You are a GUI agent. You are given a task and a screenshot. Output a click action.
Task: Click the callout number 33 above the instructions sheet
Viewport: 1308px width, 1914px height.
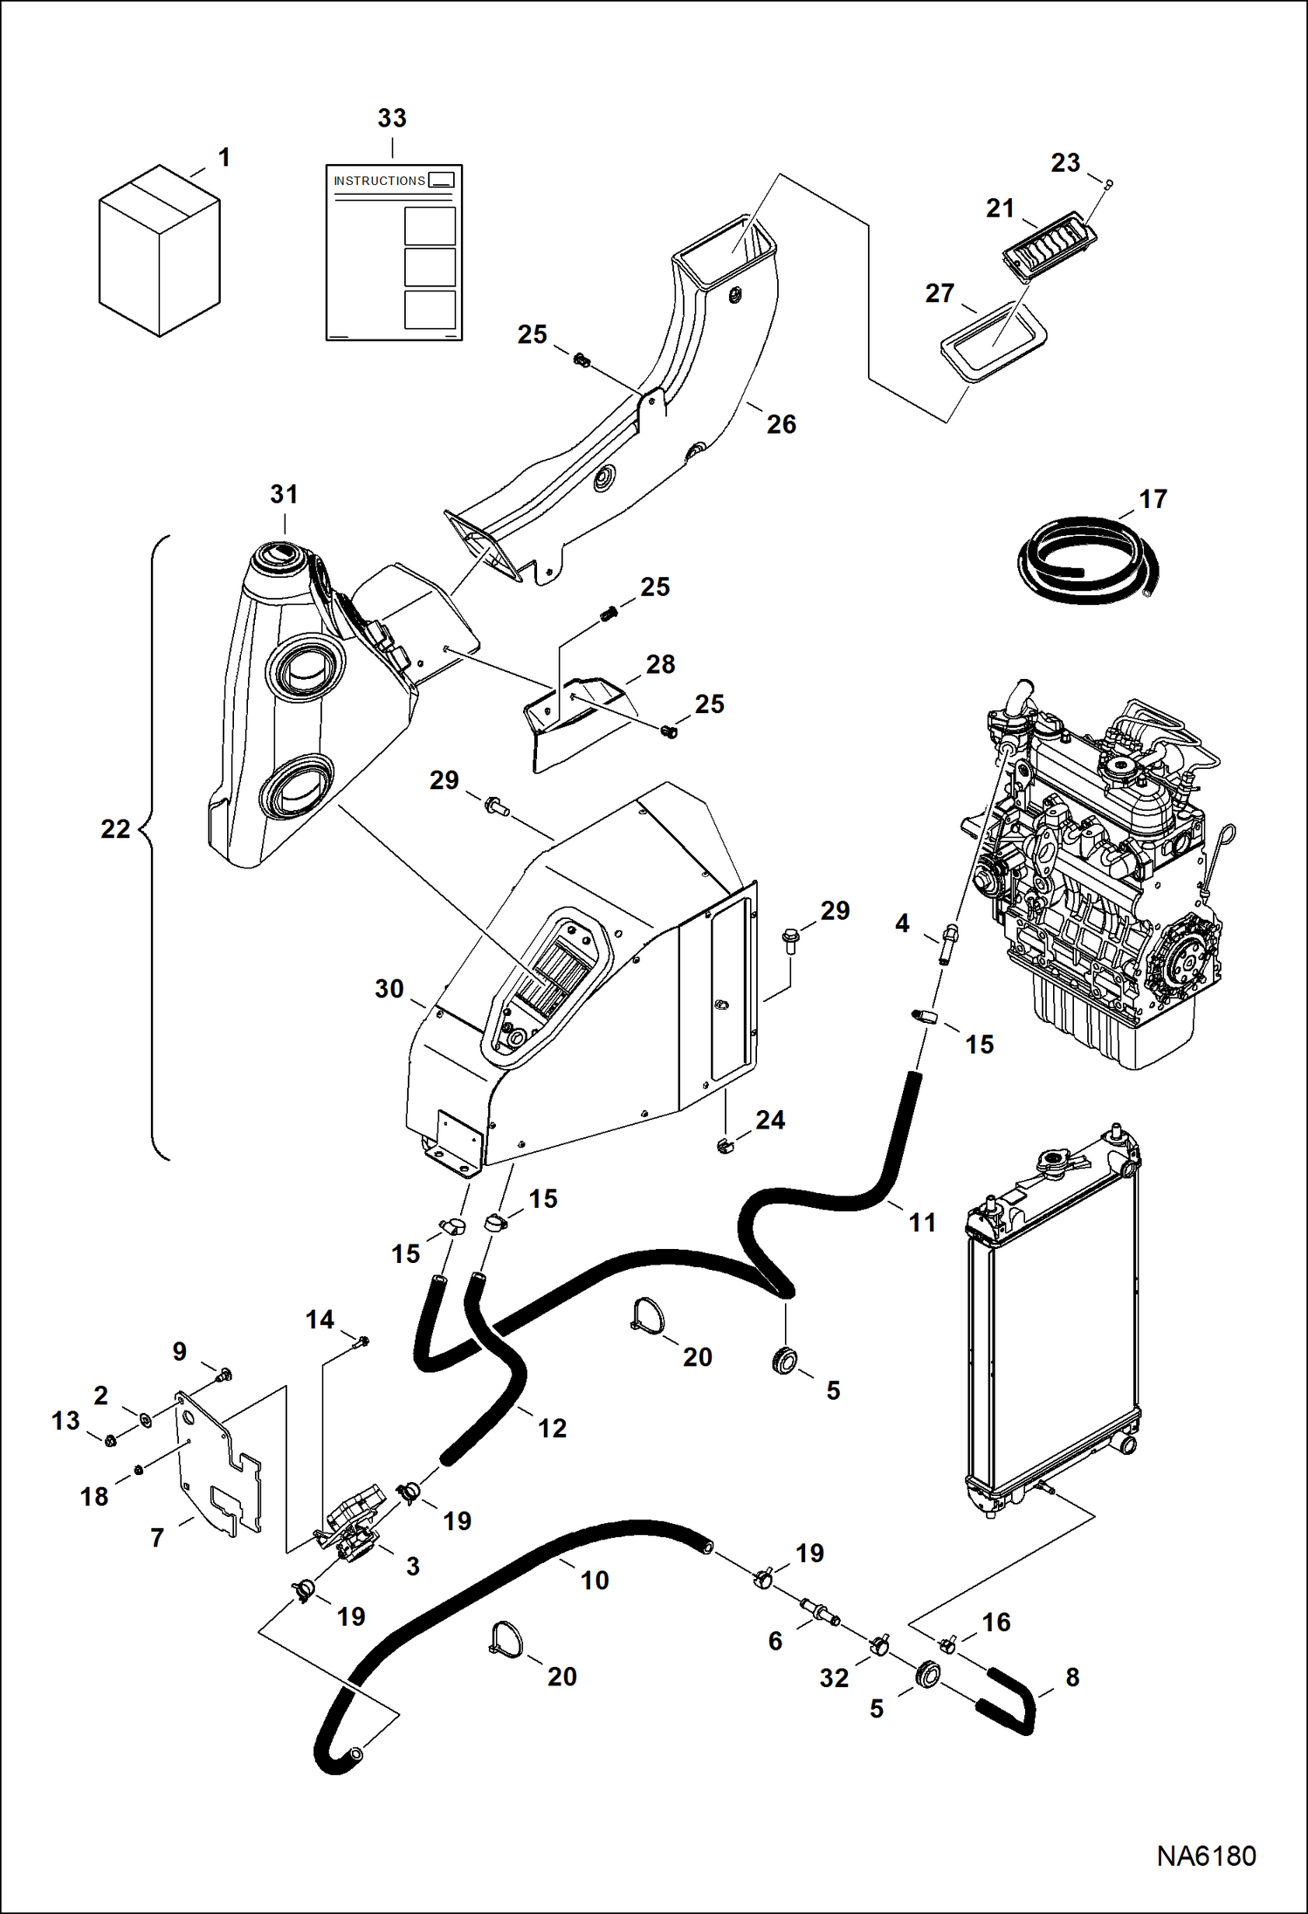(392, 118)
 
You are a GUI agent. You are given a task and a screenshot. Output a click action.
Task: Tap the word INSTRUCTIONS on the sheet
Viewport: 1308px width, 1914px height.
(379, 181)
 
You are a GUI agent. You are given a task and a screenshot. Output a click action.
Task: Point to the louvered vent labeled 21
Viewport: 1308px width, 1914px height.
(1047, 247)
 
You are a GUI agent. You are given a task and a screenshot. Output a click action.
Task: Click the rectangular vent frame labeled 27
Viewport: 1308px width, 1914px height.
(994, 341)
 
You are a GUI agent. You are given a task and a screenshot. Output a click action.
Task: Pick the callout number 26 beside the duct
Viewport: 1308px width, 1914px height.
(781, 424)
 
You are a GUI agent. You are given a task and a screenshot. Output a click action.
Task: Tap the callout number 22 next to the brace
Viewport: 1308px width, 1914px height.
(115, 828)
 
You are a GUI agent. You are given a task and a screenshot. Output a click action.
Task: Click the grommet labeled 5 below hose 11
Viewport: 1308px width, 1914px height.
(785, 1359)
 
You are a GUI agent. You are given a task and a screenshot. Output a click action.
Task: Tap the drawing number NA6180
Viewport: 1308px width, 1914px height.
(1206, 1856)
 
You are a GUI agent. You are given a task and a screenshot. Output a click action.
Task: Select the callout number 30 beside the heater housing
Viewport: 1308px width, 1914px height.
(389, 989)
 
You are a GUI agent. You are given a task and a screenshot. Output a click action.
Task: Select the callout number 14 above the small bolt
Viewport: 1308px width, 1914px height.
(320, 1320)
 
